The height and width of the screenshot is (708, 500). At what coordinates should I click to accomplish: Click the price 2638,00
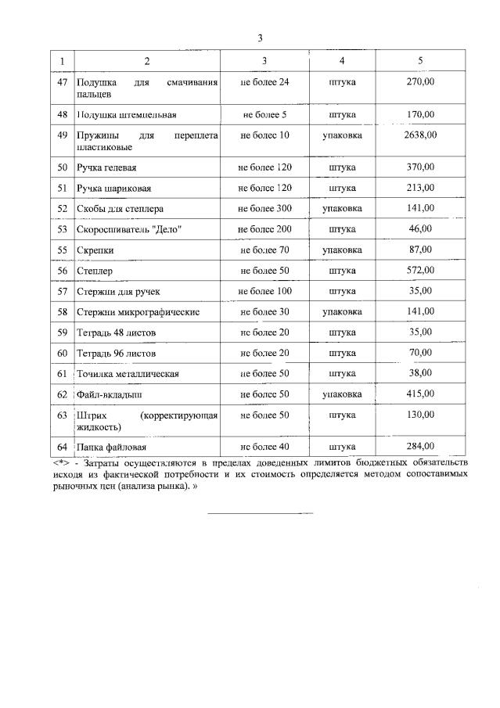pyautogui.click(x=420, y=135)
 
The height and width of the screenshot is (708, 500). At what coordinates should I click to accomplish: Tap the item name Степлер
pyautogui.click(x=94, y=271)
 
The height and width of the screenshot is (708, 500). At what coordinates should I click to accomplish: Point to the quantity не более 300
pyautogui.click(x=264, y=208)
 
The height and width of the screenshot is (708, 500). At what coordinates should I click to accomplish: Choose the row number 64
pyautogui.click(x=63, y=447)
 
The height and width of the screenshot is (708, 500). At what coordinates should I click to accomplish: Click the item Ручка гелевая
pyautogui.click(x=107, y=167)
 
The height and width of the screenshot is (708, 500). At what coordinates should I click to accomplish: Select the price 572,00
pyautogui.click(x=420, y=270)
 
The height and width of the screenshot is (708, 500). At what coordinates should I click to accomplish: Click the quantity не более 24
pyautogui.click(x=264, y=81)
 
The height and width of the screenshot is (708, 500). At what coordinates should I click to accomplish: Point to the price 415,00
pyautogui.click(x=420, y=394)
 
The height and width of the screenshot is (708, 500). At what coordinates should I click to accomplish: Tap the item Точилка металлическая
pyautogui.click(x=128, y=374)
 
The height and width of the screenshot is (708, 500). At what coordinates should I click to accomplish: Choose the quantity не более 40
pyautogui.click(x=264, y=447)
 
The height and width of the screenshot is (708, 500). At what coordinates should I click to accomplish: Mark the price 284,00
pyautogui.click(x=420, y=447)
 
